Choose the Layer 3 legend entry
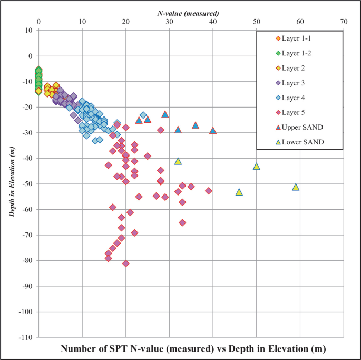click(x=294, y=83)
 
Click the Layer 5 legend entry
click(x=294, y=113)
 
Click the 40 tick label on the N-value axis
click(x=213, y=22)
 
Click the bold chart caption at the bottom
click(x=193, y=349)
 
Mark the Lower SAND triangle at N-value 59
click(x=296, y=187)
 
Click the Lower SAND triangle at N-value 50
click(x=257, y=166)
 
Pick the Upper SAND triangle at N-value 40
click(x=213, y=130)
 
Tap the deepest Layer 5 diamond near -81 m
click(x=126, y=264)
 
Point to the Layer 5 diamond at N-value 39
click(x=209, y=191)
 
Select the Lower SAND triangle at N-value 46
click(x=239, y=192)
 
